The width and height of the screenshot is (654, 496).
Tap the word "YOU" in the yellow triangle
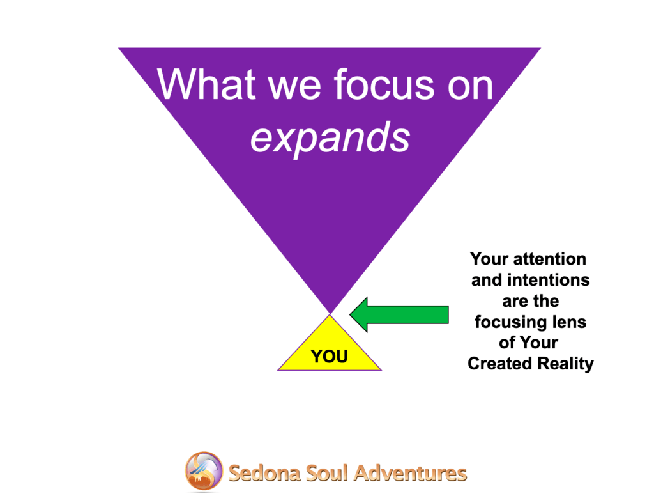coord(330,357)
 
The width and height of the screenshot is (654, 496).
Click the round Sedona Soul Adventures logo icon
coord(204,471)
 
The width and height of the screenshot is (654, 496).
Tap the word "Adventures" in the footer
coord(411,474)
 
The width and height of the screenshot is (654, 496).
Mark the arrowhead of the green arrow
coord(359,314)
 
